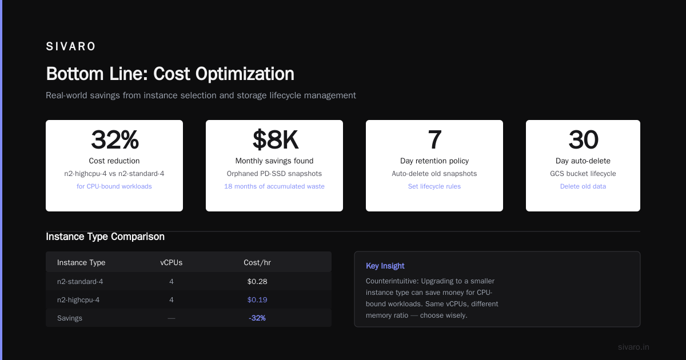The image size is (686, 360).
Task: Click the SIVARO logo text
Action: click(x=70, y=46)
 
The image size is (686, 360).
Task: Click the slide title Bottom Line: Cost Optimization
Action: click(x=170, y=74)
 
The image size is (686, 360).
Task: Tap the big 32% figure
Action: click(x=114, y=139)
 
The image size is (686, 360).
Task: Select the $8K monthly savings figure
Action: click(x=275, y=140)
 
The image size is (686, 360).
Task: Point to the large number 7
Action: click(x=434, y=139)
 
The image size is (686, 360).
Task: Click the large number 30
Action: click(x=583, y=139)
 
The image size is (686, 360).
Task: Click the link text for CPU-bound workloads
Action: click(x=114, y=186)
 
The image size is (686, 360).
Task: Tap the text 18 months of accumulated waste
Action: click(x=274, y=186)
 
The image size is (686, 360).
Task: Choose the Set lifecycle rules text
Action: click(x=434, y=186)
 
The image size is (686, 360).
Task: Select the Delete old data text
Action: click(x=583, y=186)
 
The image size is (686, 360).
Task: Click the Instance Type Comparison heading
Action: click(x=105, y=237)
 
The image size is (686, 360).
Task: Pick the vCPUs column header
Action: click(x=171, y=262)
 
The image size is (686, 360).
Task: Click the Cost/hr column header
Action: click(x=257, y=262)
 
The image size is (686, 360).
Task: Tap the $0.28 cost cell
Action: click(x=257, y=281)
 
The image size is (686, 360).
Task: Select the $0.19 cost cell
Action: click(x=257, y=299)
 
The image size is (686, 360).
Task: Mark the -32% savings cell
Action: click(x=257, y=318)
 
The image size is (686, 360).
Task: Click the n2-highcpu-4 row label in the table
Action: click(x=78, y=299)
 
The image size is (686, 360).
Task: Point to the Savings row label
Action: click(x=70, y=318)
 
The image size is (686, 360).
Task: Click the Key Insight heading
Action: click(x=385, y=266)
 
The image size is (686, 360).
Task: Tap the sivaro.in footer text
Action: click(x=633, y=347)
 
